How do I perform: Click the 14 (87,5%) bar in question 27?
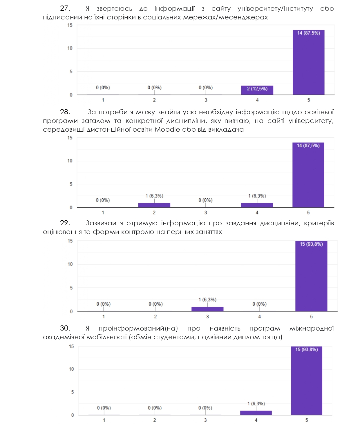pos(308,62)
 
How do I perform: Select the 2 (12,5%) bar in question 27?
pos(257,90)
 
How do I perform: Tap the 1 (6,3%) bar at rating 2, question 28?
pos(154,205)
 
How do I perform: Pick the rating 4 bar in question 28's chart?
pos(257,205)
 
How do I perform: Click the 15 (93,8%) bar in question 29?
pos(311,276)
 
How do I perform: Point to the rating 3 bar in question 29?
pos(207,309)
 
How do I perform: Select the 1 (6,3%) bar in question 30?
pos(256,413)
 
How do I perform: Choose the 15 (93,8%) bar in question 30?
pos(306,381)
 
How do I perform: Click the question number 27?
pos(65,8)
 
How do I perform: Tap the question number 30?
pos(65,328)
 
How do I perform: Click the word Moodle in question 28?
pos(167,129)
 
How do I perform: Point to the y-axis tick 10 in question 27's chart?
pos(70,48)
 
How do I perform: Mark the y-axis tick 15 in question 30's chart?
pos(71,346)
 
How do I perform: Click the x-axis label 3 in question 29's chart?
pos(207,316)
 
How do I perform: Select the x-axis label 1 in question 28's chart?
pos(103,213)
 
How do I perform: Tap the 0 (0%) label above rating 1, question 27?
pos(103,88)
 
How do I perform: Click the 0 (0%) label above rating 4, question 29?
pos(259,304)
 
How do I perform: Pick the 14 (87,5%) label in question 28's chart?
pos(308,146)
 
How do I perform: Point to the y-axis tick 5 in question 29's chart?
pos(71,288)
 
